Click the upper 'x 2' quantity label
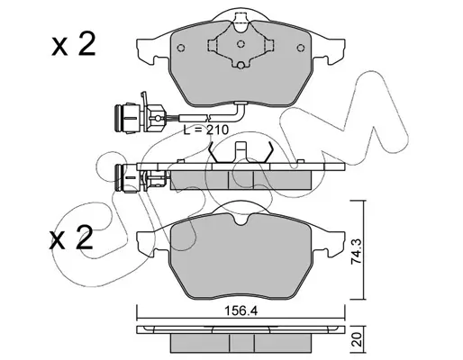[x=74, y=45]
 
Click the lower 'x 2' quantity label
[x=71, y=238]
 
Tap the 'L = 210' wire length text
[x=206, y=130]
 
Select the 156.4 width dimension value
[x=241, y=311]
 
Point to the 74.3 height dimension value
[x=356, y=251]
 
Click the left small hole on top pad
[x=181, y=48]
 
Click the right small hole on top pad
[x=300, y=48]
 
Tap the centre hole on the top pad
[x=241, y=44]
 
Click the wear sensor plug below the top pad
[x=140, y=117]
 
